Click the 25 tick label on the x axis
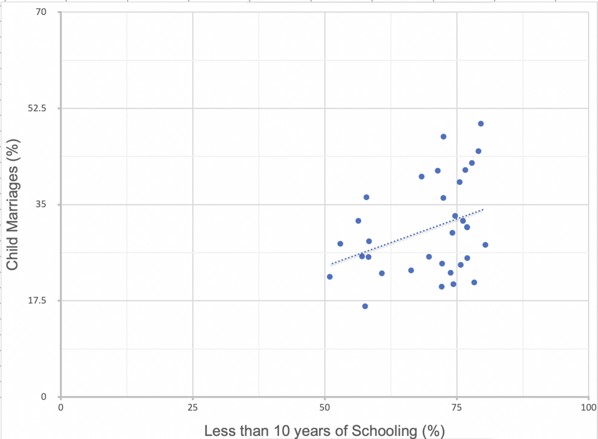(192, 407)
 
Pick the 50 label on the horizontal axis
(324, 407)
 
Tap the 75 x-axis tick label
(456, 407)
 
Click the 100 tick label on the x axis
(588, 407)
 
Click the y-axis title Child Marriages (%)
(13, 205)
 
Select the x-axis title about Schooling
(324, 430)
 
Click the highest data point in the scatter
(481, 124)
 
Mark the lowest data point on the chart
(365, 306)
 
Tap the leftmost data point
(329, 277)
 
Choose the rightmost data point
(485, 245)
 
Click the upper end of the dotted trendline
(482, 210)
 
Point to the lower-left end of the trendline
(331, 264)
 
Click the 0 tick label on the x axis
(61, 407)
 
